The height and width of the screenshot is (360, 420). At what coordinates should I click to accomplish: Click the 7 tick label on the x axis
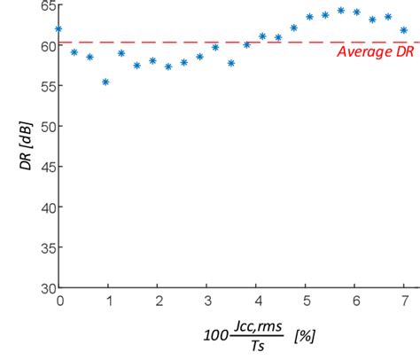[x=403, y=301]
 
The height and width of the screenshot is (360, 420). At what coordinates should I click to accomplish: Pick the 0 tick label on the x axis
[x=59, y=301]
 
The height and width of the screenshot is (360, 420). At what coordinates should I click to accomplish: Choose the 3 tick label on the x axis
[x=206, y=301]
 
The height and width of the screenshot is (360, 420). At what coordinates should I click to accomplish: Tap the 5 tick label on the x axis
[x=305, y=301]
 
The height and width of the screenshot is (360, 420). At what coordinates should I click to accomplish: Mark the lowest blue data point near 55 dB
[x=105, y=82]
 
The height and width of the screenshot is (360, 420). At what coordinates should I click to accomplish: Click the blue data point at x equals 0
[x=59, y=28]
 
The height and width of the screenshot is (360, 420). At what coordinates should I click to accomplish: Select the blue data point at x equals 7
[x=403, y=30]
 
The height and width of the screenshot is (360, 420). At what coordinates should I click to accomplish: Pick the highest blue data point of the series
[x=341, y=11]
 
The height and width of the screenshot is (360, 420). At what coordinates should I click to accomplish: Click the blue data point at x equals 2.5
[x=183, y=62]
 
